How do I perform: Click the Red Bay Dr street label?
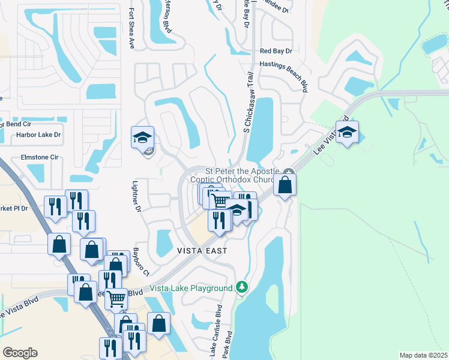(275, 52)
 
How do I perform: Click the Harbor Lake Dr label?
(39, 135)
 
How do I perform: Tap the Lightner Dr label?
(136, 196)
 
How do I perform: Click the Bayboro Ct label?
(140, 256)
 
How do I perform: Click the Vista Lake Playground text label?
(191, 288)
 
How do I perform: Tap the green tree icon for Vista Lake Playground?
(241, 287)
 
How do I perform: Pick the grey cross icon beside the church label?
(289, 172)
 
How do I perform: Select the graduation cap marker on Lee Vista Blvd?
(346, 131)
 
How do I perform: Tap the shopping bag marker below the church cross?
(285, 185)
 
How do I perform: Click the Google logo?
(20, 352)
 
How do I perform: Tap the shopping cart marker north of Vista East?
(220, 200)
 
